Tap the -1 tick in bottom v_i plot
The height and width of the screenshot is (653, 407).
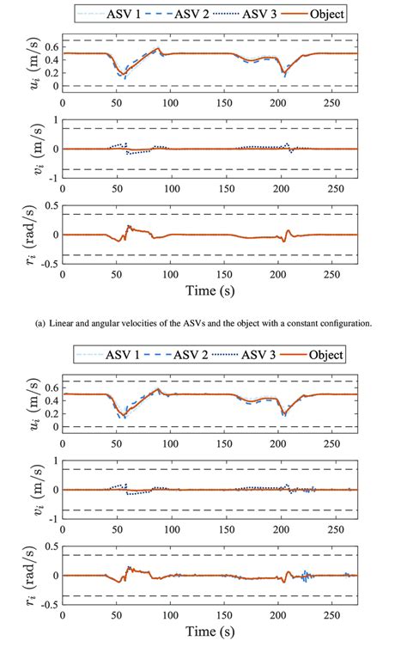tap(53, 519)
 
